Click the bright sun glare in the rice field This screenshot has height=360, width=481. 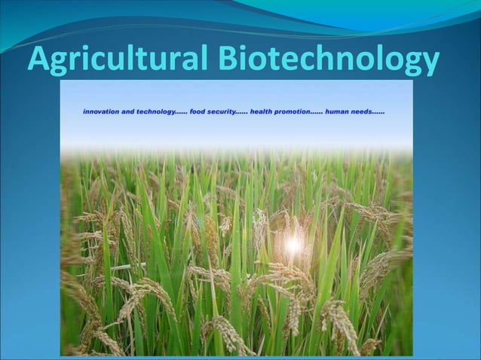[x=292, y=243]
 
